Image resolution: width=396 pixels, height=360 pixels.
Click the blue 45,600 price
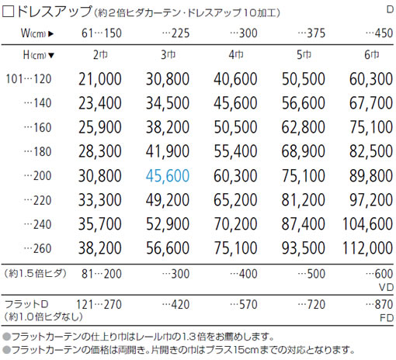pyautogui.click(x=168, y=176)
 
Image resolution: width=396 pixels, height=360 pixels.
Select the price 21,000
pyautogui.click(x=100, y=79)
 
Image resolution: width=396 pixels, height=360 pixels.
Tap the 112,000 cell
pyautogui.click(x=367, y=248)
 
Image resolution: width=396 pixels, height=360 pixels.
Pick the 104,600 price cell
pyautogui.click(x=367, y=224)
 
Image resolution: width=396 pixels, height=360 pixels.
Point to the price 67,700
pyautogui.click(x=371, y=103)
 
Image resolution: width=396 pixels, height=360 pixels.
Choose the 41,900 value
pyautogui.click(x=168, y=151)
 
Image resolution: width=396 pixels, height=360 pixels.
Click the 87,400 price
pyautogui.click(x=303, y=224)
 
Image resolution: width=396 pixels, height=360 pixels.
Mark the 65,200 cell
pyautogui.click(x=235, y=200)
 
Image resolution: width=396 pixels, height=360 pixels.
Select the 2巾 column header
pyautogui.click(x=100, y=54)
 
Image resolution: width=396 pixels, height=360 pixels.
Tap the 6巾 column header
pyautogui.click(x=372, y=54)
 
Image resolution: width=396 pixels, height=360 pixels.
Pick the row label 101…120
pyautogui.click(x=29, y=79)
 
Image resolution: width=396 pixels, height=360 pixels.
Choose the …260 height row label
pyautogui.click(x=38, y=248)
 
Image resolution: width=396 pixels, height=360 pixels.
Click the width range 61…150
pyautogui.click(x=102, y=33)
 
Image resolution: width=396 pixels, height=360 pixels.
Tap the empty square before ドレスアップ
pyautogui.click(x=8, y=12)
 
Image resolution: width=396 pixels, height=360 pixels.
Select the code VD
pyautogui.click(x=386, y=287)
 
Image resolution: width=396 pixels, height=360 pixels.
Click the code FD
pyautogui.click(x=387, y=318)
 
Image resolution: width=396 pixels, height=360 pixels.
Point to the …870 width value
pyautogui.click(x=380, y=305)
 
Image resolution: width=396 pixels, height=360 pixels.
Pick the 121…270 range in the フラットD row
pyautogui.click(x=99, y=305)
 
